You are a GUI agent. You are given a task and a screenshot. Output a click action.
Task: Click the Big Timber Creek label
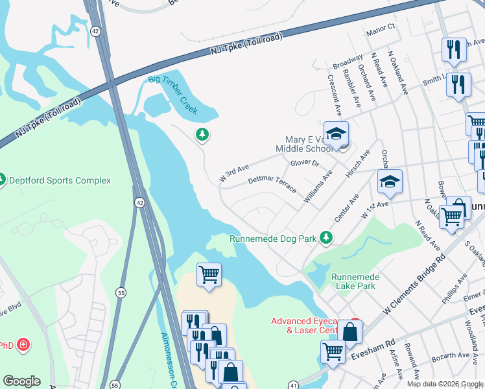[x=172, y=95]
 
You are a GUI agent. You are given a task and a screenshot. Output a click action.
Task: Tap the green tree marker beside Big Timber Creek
[x=202, y=134]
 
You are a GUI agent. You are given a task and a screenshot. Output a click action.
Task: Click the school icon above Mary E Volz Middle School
[x=336, y=134]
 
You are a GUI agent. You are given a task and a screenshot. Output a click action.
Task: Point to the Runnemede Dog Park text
[x=273, y=239]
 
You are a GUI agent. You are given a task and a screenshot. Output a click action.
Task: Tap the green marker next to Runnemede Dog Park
[x=327, y=239]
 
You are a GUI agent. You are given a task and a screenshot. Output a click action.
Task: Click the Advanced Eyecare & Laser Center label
[x=304, y=325]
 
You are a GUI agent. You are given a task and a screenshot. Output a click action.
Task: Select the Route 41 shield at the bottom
[x=295, y=384]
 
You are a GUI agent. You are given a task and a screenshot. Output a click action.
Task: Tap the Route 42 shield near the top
[x=95, y=31]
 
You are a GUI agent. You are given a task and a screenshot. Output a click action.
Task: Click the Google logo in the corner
[x=21, y=381]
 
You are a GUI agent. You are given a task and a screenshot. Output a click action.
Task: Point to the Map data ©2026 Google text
[x=445, y=384]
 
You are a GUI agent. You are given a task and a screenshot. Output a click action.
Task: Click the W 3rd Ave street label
[x=234, y=173]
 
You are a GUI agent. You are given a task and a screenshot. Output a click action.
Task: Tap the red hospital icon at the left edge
[x=23, y=344]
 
